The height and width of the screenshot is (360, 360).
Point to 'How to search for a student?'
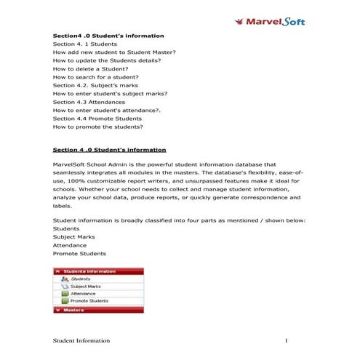pos(95,77)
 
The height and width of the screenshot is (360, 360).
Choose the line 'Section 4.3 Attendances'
pos(89,102)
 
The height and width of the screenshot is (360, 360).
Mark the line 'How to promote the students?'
pos(97,127)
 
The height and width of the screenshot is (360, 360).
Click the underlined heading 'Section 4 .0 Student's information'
pos(109,150)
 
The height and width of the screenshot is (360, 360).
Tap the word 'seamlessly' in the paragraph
pos(70,172)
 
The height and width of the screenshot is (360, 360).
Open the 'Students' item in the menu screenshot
pos(81,279)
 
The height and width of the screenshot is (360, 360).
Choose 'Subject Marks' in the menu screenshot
pos(85,286)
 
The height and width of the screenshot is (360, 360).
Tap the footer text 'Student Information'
pos(81,340)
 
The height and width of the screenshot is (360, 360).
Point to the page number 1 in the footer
pos(287,340)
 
